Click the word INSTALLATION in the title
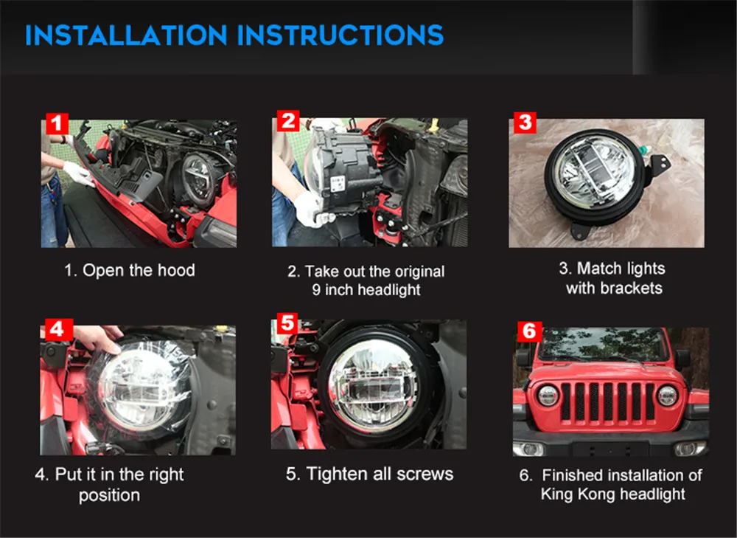point(127,35)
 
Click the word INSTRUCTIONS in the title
point(340,35)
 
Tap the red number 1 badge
point(57,123)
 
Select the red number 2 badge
point(288,121)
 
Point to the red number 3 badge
point(525,122)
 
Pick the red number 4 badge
point(59,329)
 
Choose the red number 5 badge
point(287,323)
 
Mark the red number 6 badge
point(529,331)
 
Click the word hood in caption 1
point(176,270)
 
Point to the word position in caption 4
point(110,495)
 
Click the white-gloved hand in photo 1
point(79,173)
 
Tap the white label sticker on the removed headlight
point(338,184)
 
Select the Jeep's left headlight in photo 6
point(548,396)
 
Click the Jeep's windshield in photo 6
point(604,344)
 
